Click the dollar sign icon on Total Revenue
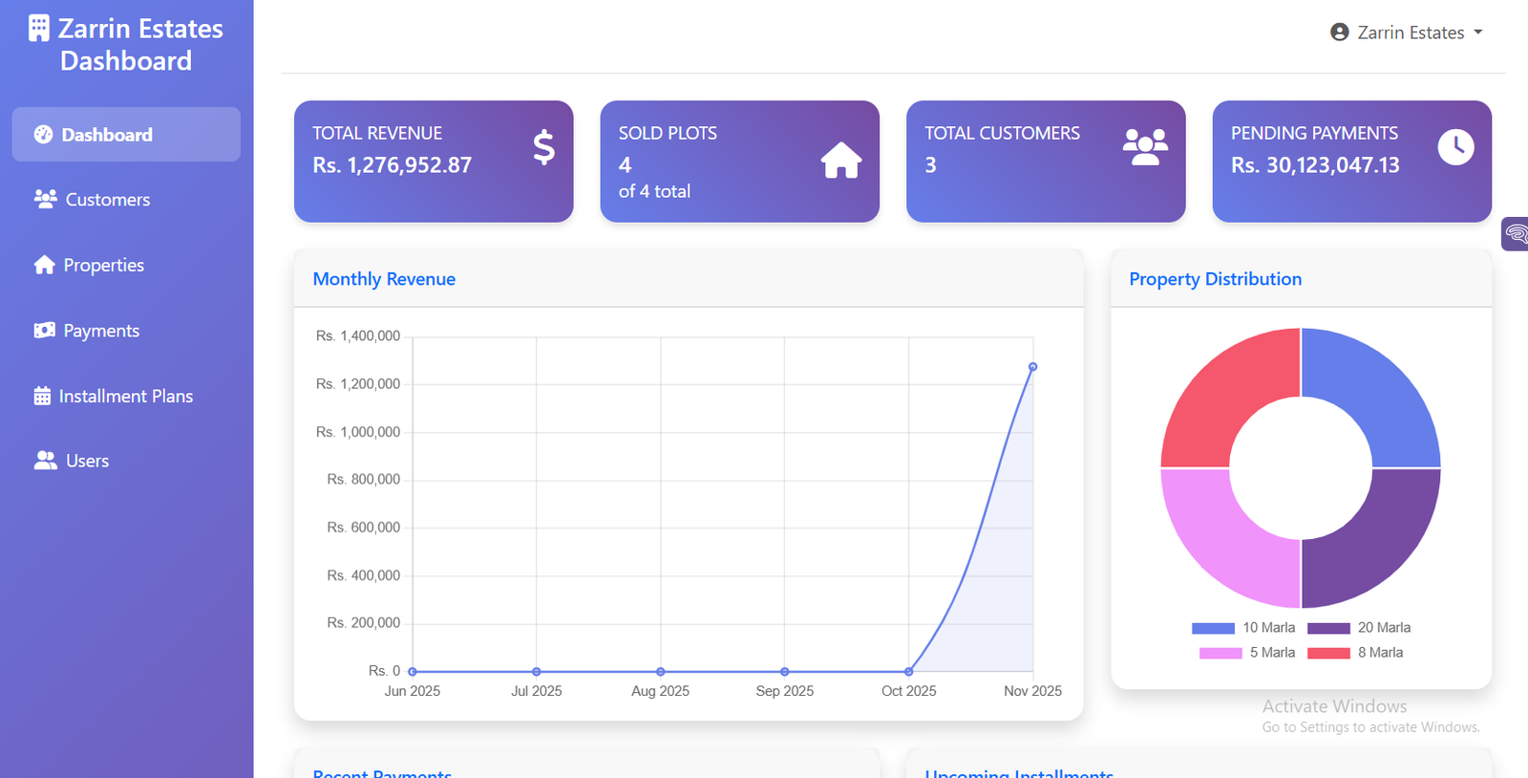(543, 147)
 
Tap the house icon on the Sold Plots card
(840, 161)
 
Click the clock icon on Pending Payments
(1455, 147)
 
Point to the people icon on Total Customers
(1145, 147)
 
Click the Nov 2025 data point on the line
(1032, 367)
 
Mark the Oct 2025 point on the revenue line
(908, 672)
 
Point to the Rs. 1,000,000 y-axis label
(358, 432)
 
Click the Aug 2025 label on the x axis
(660, 691)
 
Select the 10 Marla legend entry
(1243, 628)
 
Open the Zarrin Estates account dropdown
(1407, 32)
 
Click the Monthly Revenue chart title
(384, 279)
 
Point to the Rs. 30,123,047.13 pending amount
(1315, 165)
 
